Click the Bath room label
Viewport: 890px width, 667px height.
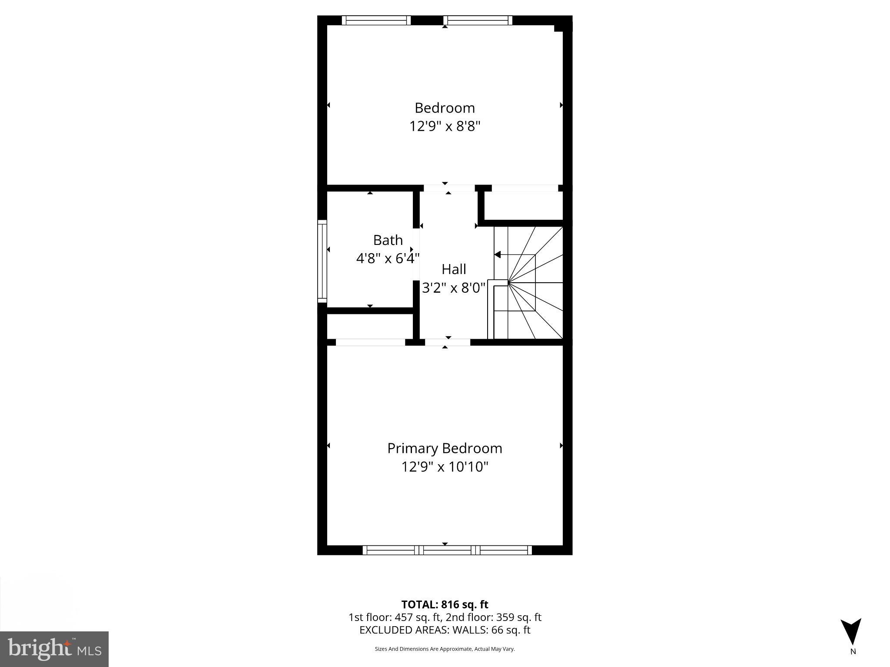coord(388,240)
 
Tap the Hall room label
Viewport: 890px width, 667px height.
coord(454,269)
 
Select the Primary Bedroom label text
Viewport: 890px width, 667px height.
coord(445,448)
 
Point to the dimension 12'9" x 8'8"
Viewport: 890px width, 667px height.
coord(445,126)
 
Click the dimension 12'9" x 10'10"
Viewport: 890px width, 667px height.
coord(445,467)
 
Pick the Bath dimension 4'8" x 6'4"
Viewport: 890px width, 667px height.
coord(388,259)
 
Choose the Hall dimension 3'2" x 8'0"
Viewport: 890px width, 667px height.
coord(454,287)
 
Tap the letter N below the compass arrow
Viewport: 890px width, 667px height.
coord(853,651)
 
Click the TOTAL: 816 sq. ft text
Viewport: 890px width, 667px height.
coord(445,604)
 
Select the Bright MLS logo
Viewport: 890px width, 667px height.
coord(54,649)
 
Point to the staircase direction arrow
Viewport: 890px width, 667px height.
coord(498,254)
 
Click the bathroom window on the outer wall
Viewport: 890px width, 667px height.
coord(322,261)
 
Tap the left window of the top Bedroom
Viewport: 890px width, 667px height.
coord(376,20)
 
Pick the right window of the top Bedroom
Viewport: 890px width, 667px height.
coord(478,20)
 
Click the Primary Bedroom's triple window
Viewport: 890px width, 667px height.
coord(447,550)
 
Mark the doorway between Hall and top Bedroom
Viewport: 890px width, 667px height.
coord(449,188)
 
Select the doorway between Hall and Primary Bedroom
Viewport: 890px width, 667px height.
coord(447,342)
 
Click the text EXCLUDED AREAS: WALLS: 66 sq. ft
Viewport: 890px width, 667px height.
coord(445,630)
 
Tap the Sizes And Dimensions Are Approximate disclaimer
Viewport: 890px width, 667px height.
coord(445,649)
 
